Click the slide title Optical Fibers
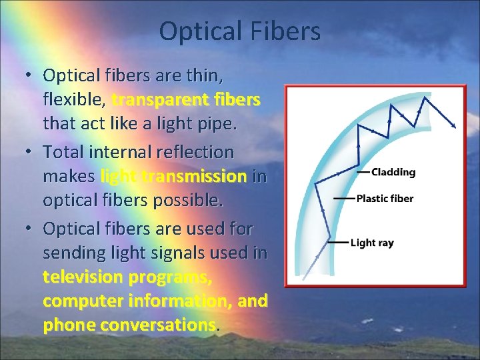click(x=240, y=31)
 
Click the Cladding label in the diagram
click(x=393, y=172)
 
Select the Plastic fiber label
click(x=385, y=198)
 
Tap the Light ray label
click(x=372, y=243)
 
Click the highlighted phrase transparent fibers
click(x=186, y=100)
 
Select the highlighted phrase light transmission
click(x=173, y=177)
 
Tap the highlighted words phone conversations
click(x=129, y=325)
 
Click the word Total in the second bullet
click(x=65, y=153)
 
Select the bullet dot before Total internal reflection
click(x=30, y=152)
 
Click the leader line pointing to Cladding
click(x=363, y=172)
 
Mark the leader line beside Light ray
click(x=338, y=243)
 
